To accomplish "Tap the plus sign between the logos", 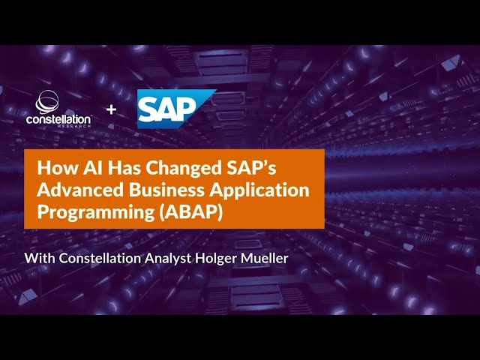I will [x=112, y=109].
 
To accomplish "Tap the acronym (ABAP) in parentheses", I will [x=186, y=213].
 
